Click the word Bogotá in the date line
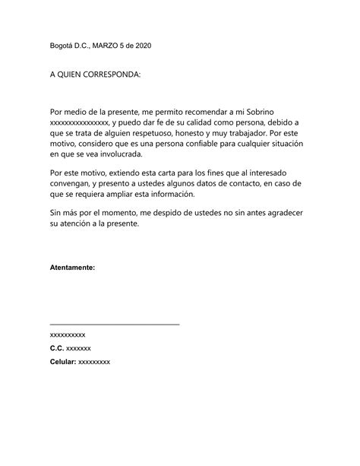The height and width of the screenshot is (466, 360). [62, 46]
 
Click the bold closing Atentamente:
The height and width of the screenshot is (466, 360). [72, 268]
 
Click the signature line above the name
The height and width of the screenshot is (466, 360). [114, 325]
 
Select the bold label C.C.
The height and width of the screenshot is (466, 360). [57, 347]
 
